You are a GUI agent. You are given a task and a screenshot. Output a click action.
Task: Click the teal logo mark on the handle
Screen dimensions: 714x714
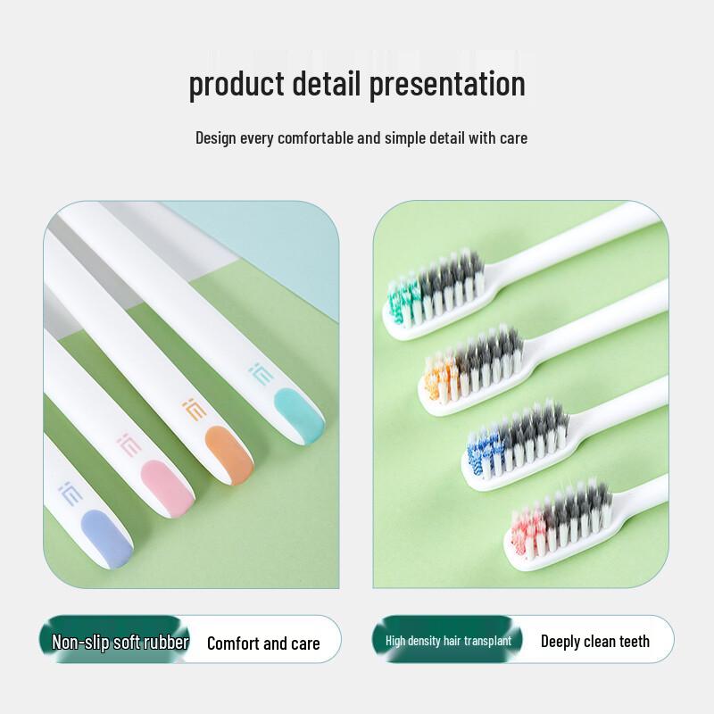[x=259, y=371]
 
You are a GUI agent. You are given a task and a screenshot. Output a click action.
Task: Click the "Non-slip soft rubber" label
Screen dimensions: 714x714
[x=120, y=642]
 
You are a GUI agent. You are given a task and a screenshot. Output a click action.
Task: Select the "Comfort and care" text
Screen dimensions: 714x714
[x=262, y=643]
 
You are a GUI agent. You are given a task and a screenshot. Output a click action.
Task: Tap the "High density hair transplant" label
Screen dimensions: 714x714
[x=448, y=641]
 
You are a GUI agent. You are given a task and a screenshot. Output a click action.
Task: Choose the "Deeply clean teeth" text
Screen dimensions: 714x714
[x=594, y=641]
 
